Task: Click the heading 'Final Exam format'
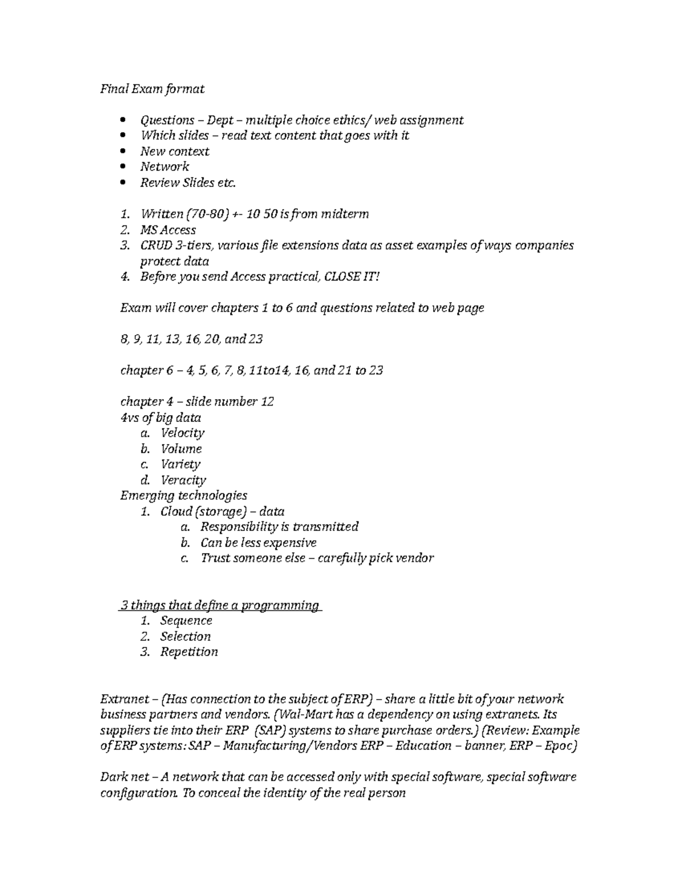[x=152, y=89]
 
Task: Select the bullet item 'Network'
[x=165, y=167]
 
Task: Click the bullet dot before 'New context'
[x=124, y=152]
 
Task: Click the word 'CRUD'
[x=156, y=245]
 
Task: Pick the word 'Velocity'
[x=182, y=433]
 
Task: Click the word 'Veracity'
[x=183, y=480]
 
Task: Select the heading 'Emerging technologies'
[x=184, y=495]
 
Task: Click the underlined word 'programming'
[x=280, y=605]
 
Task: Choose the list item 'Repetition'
[x=189, y=652]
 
